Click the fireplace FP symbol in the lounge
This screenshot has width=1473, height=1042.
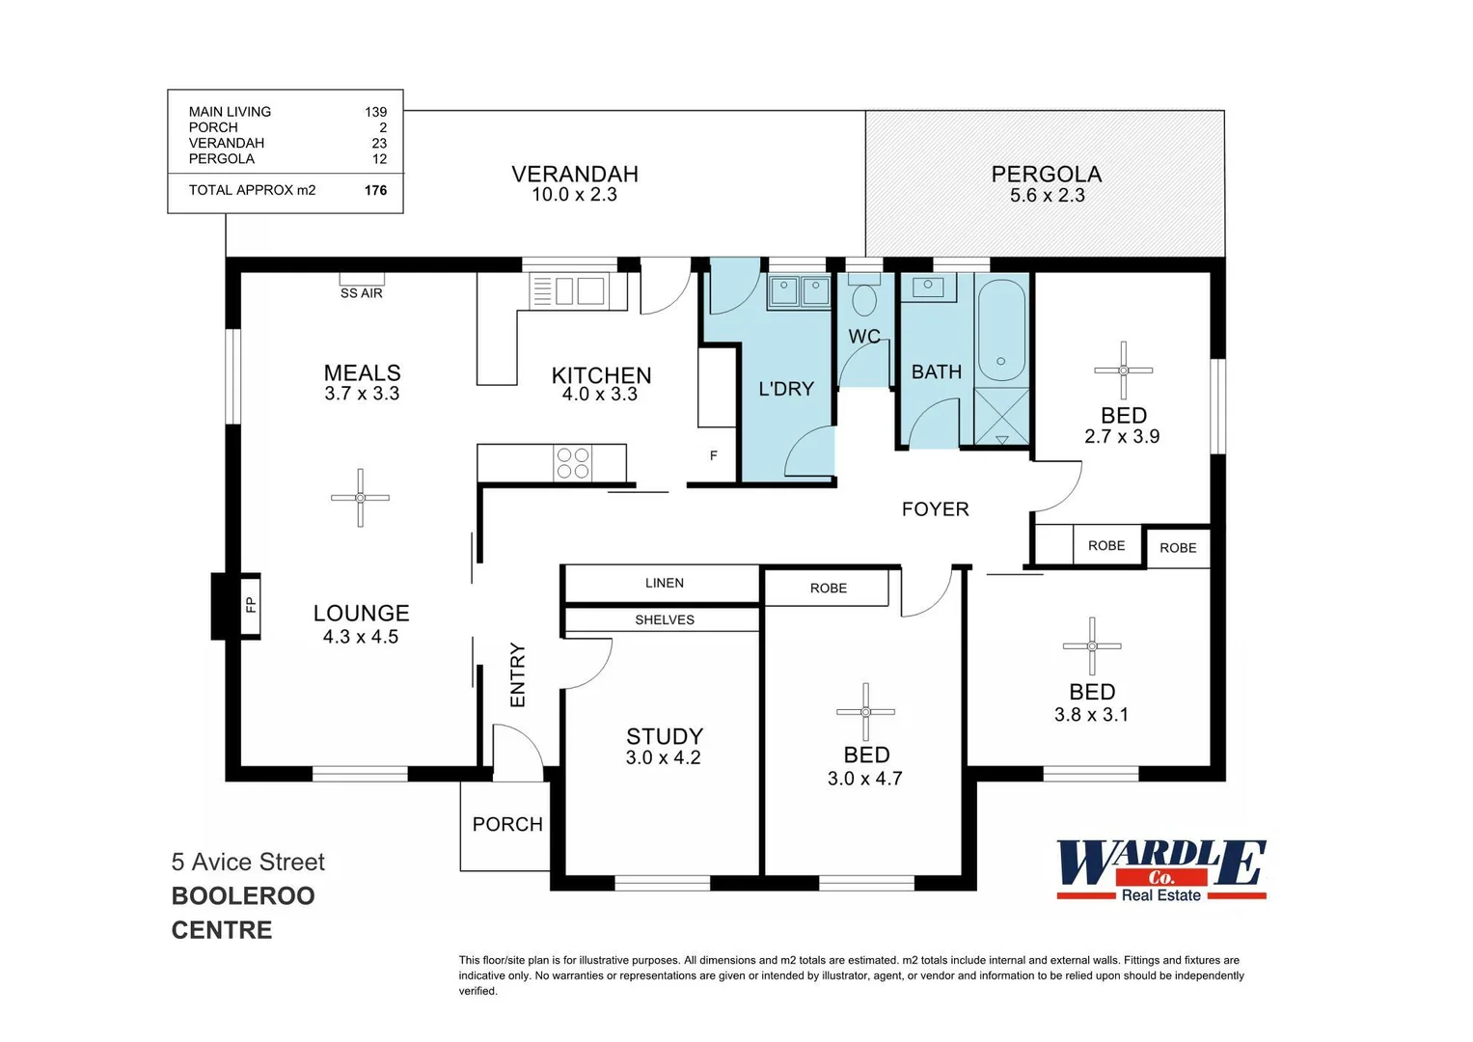(x=250, y=605)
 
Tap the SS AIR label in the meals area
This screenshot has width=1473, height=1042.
(x=361, y=292)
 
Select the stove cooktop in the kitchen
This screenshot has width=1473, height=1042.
(x=573, y=463)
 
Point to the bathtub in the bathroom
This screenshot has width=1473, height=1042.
(x=1001, y=331)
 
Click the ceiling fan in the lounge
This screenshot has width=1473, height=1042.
(x=360, y=498)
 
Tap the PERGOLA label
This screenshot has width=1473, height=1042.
(x=1046, y=175)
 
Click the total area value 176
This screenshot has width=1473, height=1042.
(x=375, y=190)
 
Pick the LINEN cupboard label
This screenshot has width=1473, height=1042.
(x=664, y=583)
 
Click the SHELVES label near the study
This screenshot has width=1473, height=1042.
(x=664, y=619)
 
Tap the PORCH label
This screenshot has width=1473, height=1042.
(x=507, y=824)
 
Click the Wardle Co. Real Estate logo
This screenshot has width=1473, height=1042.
(x=1160, y=869)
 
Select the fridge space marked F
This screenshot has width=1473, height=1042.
(x=714, y=455)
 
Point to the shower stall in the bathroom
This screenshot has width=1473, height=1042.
(x=1001, y=418)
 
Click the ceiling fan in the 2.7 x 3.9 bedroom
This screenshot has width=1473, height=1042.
(x=1123, y=370)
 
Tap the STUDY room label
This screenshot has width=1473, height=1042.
(x=664, y=736)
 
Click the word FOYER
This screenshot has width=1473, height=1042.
(x=935, y=509)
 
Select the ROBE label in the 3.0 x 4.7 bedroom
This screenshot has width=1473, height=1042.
(x=828, y=588)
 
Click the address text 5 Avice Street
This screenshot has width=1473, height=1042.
(x=248, y=862)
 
